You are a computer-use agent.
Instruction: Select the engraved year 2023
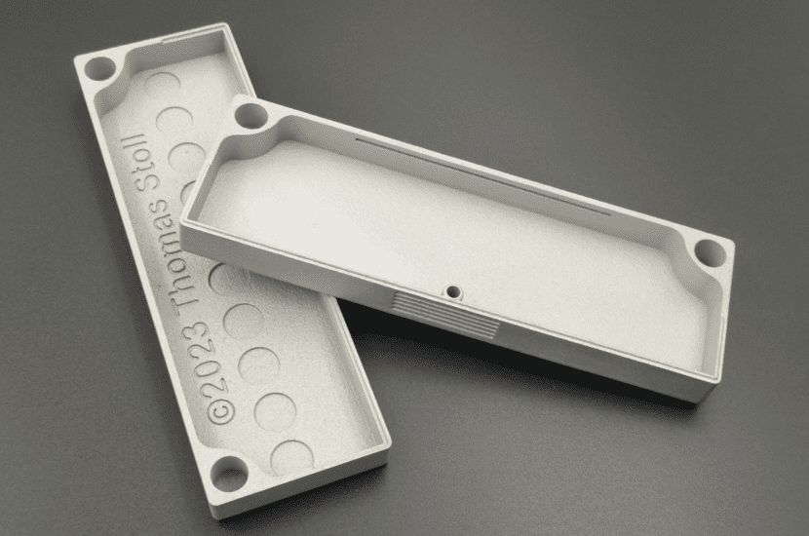[208, 364]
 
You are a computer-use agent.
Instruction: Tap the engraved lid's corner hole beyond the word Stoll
[99, 69]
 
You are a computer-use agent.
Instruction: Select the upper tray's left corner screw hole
[251, 114]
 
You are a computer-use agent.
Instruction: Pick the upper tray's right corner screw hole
[709, 253]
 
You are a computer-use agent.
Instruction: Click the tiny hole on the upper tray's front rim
[454, 289]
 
